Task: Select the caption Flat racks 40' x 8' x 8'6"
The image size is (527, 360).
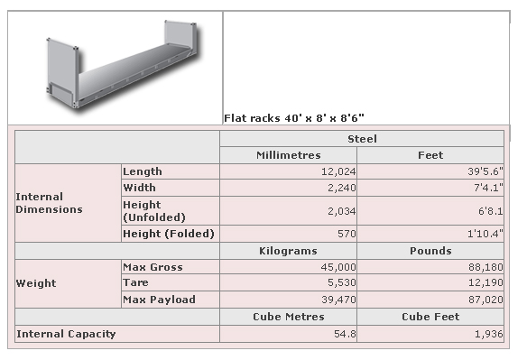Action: point(293,117)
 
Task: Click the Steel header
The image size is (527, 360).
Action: point(362,139)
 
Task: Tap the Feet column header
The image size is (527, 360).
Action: point(430,155)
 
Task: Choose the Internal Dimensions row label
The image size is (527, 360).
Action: point(50,203)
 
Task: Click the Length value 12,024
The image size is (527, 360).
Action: point(335,171)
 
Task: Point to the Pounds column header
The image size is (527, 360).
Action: point(430,251)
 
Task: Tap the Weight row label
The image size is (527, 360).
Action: point(36,283)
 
